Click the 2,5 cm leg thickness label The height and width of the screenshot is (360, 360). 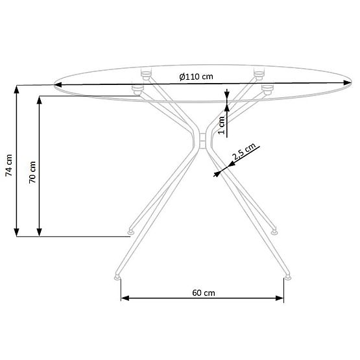[x=243, y=152]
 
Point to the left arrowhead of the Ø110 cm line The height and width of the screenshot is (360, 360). [x=60, y=84]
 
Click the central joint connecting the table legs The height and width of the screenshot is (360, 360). [x=202, y=139]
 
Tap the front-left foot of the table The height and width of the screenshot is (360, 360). [x=117, y=277]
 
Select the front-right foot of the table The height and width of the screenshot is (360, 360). [x=286, y=277]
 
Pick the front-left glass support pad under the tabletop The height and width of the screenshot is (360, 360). [x=137, y=89]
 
